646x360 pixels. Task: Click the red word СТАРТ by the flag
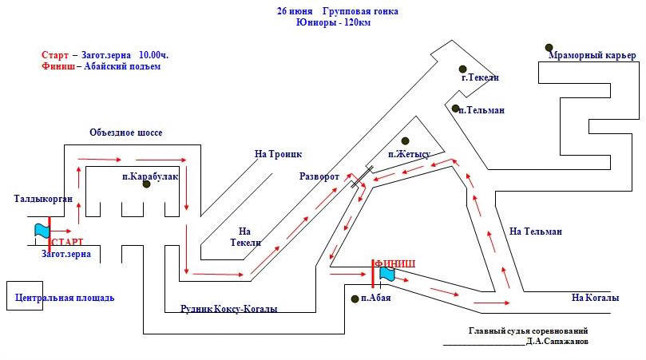(x=69, y=242)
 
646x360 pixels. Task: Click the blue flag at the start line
(x=42, y=230)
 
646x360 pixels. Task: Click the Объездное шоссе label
(x=126, y=133)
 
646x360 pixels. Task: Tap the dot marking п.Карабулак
(x=146, y=184)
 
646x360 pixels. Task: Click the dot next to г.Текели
(x=462, y=68)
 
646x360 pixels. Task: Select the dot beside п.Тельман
(x=454, y=109)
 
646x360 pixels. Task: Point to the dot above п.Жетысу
(x=405, y=140)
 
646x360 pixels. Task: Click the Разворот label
(x=319, y=176)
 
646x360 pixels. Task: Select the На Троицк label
(x=279, y=154)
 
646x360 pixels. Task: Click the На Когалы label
(x=595, y=298)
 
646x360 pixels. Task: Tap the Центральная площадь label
(x=65, y=298)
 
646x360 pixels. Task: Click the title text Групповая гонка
(x=360, y=12)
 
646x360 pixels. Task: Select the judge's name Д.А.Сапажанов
(x=557, y=341)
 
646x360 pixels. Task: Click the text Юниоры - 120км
(x=333, y=23)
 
